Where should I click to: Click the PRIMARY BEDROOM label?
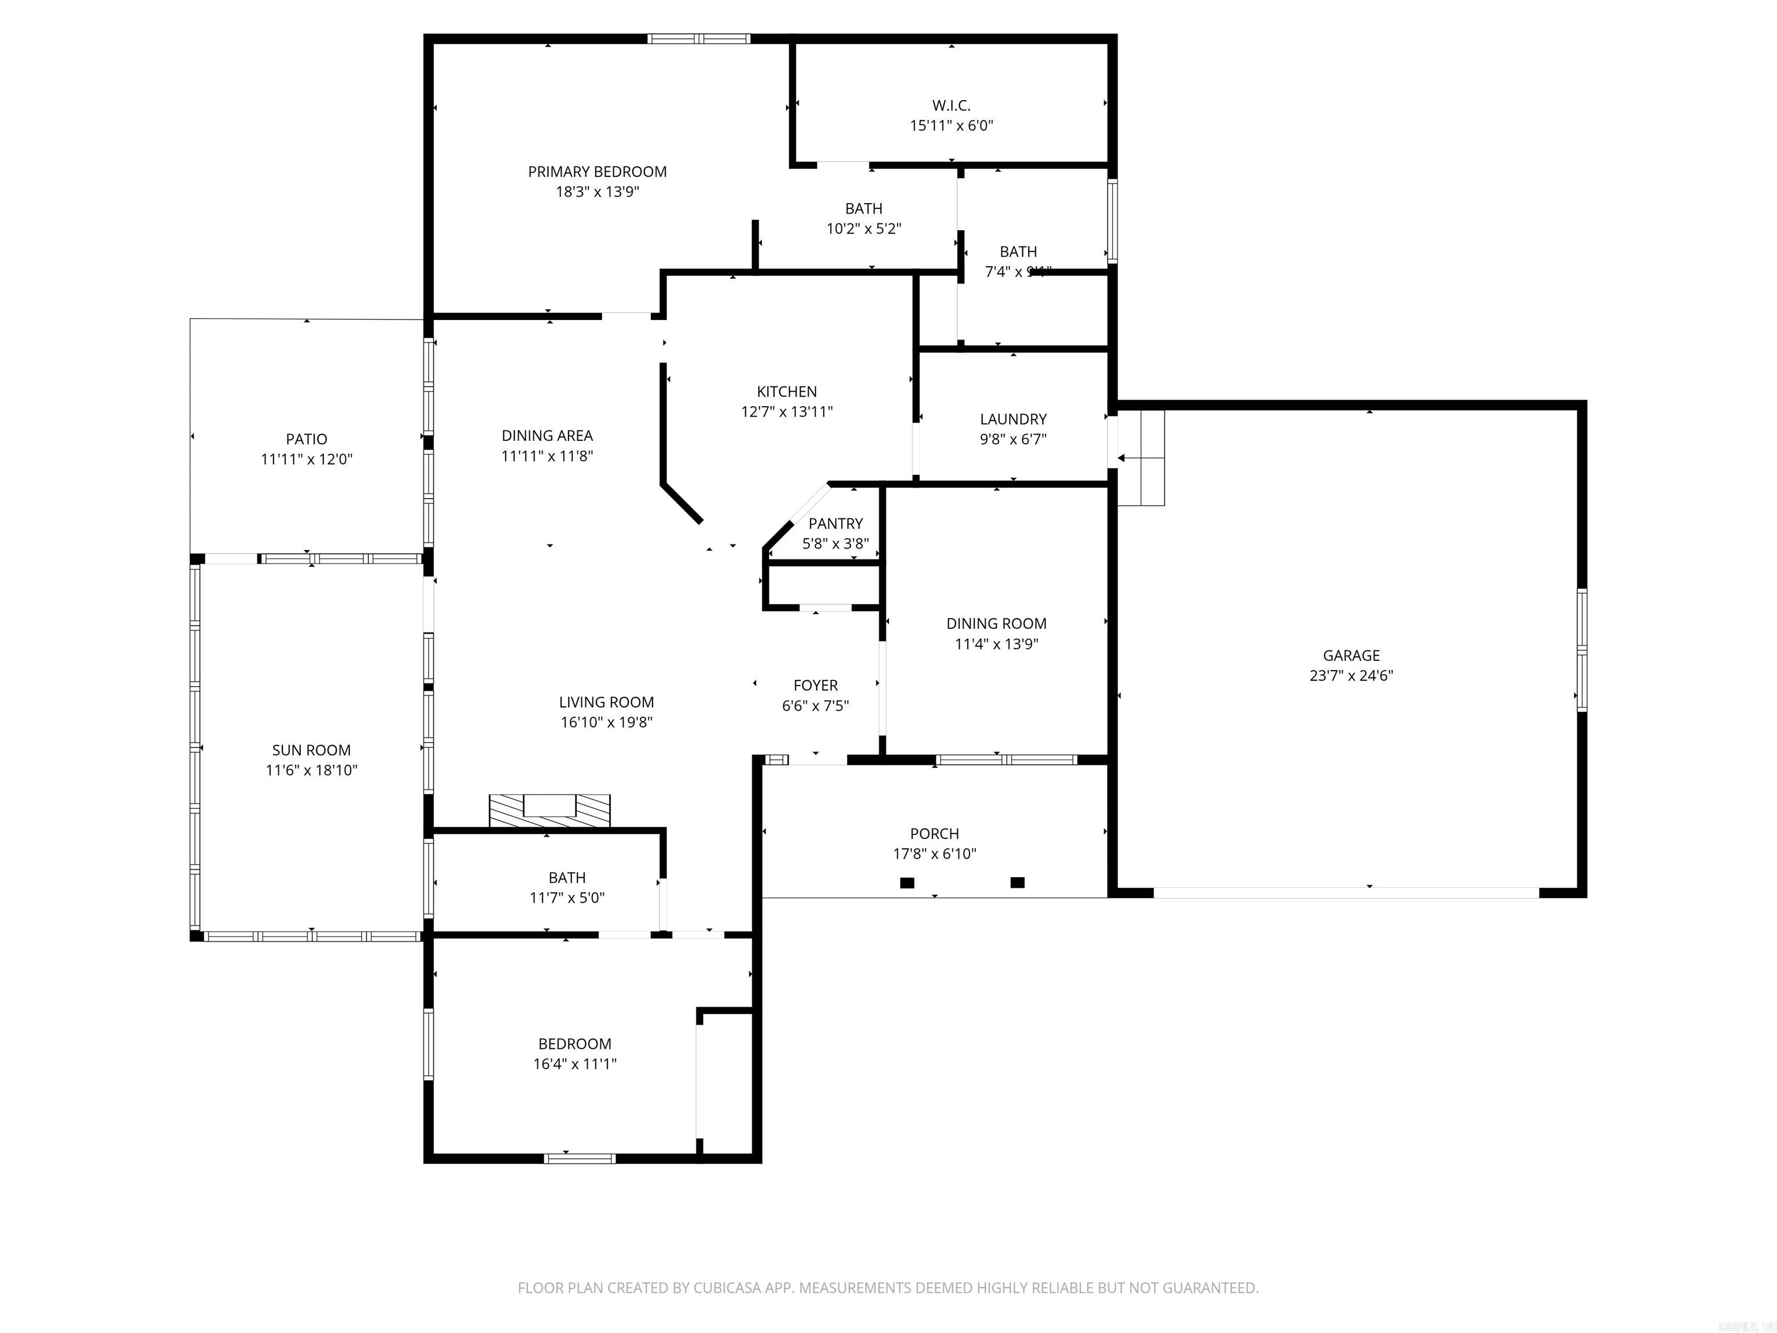[x=597, y=171]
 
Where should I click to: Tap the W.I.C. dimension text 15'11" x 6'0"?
[x=951, y=126]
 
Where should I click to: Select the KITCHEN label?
[x=787, y=391]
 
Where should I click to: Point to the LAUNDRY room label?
[x=1013, y=419]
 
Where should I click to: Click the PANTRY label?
[x=835, y=523]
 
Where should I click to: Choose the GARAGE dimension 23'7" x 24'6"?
[x=1351, y=676]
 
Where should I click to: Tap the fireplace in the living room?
[x=550, y=810]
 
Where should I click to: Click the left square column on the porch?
[x=907, y=882]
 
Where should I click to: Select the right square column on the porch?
[x=1017, y=882]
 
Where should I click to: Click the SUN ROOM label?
[x=311, y=750]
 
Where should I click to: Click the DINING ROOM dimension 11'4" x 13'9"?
[x=996, y=643]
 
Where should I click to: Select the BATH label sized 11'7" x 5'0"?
[x=566, y=878]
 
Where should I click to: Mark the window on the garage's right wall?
[x=1581, y=650]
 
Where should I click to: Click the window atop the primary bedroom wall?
[x=698, y=39]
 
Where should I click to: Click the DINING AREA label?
[x=547, y=436]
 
